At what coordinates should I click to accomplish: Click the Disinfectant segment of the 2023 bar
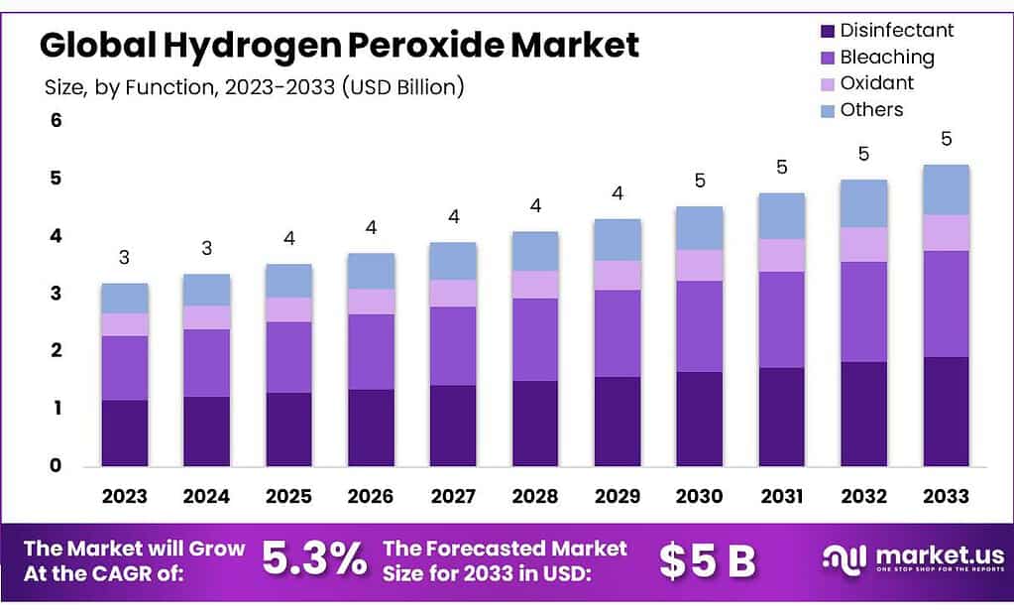point(124,432)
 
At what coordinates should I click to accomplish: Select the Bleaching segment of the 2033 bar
point(946,304)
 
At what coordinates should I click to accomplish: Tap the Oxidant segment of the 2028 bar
point(535,285)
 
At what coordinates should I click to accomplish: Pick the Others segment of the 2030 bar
point(699,228)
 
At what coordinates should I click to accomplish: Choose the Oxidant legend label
point(876,83)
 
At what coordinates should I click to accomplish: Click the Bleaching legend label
point(886,58)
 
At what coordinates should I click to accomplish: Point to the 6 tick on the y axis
point(56,121)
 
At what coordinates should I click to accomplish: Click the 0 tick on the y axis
point(56,465)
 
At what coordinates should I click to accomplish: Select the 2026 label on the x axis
point(371,496)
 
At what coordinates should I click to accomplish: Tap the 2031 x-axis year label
point(781,496)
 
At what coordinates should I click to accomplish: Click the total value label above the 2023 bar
point(124,258)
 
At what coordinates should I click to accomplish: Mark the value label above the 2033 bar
point(946,139)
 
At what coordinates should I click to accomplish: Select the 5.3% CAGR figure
point(314,560)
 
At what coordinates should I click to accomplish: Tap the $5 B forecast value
point(707,561)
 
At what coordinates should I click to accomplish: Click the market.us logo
point(913,558)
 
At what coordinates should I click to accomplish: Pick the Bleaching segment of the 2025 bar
point(288,357)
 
